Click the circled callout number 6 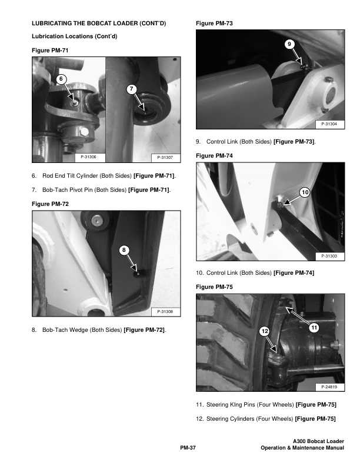coord(61,79)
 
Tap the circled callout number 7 coord(132,89)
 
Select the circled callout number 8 coord(124,250)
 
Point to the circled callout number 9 coord(289,44)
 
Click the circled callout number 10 coord(305,192)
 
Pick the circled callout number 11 coord(314,328)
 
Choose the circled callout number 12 coord(264,331)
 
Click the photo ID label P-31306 coord(88,157)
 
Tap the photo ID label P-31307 coord(165,157)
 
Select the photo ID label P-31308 coord(165,311)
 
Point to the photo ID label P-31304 coord(329,124)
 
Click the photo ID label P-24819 coord(329,387)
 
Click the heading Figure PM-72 coord(50,204)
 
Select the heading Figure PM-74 coord(214,156)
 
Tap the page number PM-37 coord(188,448)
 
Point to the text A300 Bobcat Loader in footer coord(318,441)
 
